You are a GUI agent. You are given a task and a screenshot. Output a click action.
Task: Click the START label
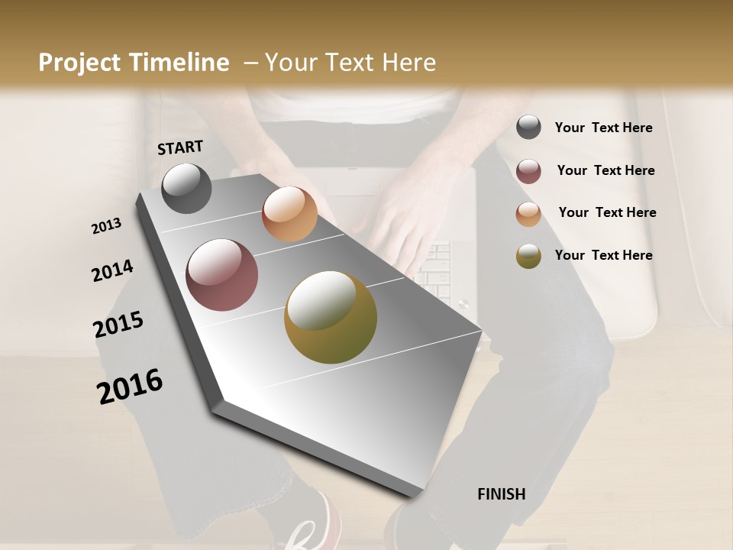tap(180, 147)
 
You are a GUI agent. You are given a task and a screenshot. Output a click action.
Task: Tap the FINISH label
tap(501, 494)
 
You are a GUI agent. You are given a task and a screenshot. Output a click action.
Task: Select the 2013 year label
tap(107, 226)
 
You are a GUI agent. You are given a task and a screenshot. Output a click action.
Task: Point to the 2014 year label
tap(112, 271)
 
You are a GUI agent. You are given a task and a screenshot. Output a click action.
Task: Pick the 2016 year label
tap(130, 386)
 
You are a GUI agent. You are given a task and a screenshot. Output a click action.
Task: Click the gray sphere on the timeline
tap(186, 188)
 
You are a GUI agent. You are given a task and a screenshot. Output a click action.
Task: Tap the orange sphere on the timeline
tap(289, 214)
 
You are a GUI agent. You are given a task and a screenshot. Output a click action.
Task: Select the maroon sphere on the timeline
tap(221, 275)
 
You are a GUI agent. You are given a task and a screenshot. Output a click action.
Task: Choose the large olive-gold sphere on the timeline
tap(331, 317)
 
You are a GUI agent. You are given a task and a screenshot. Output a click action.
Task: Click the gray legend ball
tap(528, 128)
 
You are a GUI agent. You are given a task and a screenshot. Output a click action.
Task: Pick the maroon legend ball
tap(528, 171)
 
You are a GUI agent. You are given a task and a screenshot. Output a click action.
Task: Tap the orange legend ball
tap(528, 214)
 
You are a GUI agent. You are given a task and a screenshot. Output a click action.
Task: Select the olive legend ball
tap(528, 256)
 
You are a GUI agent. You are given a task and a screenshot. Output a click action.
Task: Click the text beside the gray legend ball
tap(603, 128)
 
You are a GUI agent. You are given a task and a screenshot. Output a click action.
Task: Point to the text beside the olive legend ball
tap(603, 255)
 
